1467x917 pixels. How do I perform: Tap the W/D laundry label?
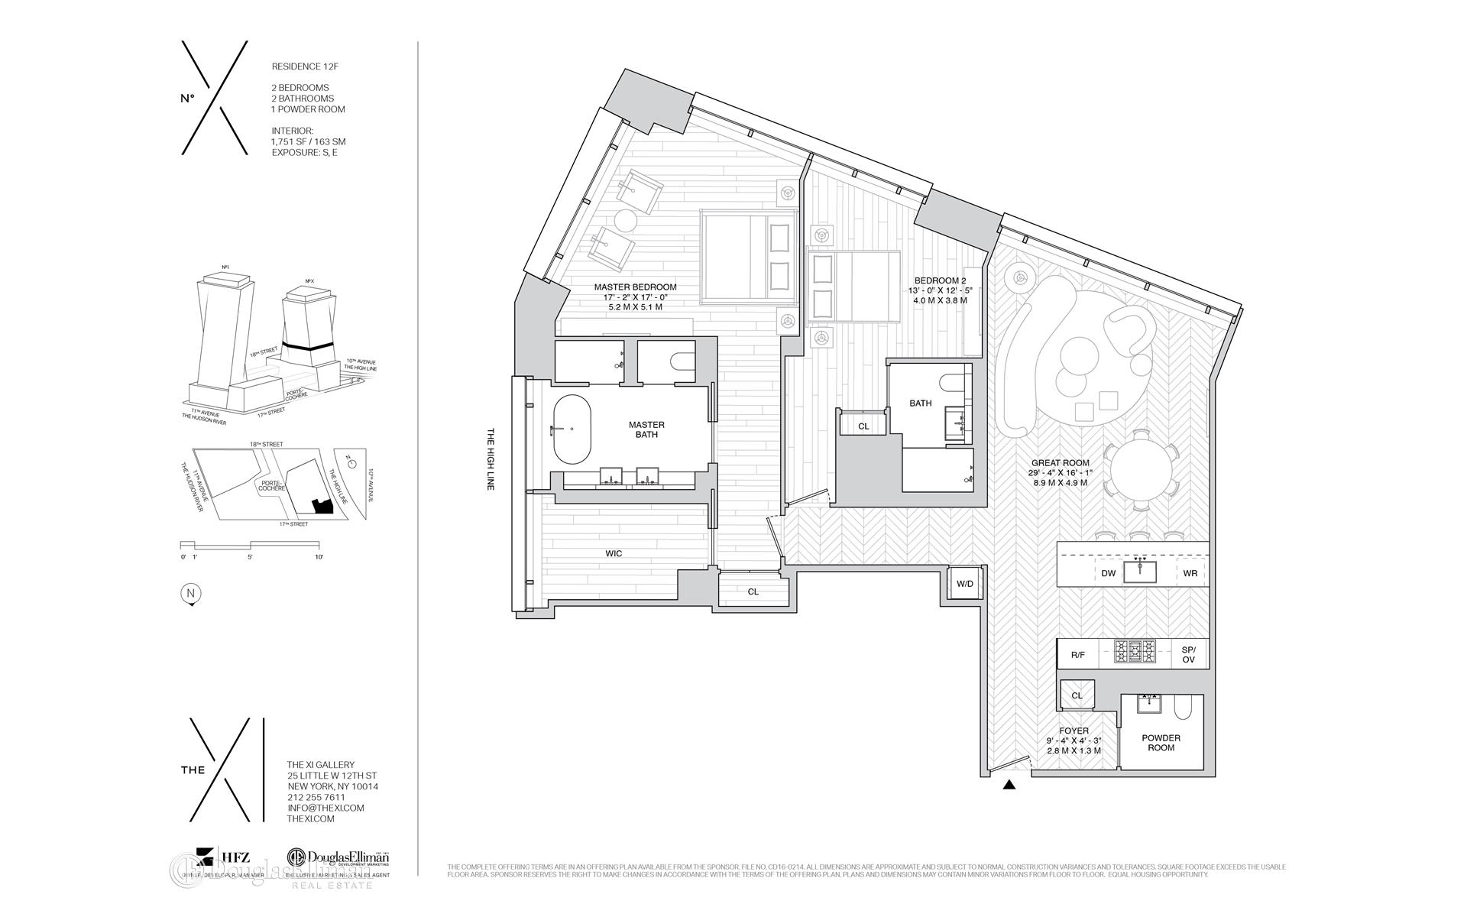965,585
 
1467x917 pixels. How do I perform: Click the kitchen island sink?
1140,572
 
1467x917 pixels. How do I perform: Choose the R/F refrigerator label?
1077,654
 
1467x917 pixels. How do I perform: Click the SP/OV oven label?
1188,654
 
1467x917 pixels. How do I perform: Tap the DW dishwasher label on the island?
1108,573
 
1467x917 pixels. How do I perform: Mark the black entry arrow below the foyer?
1009,784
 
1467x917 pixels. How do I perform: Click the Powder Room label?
1161,743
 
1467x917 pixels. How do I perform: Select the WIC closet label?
614,553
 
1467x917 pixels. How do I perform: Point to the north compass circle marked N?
191,593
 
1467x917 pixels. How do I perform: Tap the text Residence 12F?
305,66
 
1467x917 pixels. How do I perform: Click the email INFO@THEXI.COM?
325,808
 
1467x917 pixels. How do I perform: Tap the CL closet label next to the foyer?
1077,695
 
